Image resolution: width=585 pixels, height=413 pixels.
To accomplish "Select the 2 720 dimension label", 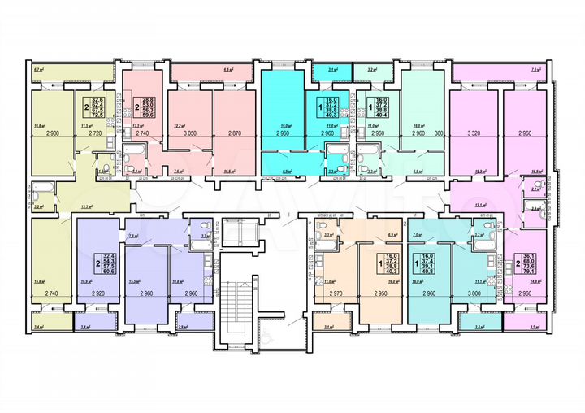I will pos(94,132).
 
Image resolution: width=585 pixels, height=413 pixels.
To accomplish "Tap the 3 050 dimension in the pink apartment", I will pos(191,132).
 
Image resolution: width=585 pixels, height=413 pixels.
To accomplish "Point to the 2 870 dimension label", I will pos(234,132).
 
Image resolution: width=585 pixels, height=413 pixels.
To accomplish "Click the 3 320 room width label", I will pos(474,132).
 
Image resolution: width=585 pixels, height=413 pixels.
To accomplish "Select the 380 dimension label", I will pos(440,132).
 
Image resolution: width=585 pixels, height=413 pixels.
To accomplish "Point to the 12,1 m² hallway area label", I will pos(479,206).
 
